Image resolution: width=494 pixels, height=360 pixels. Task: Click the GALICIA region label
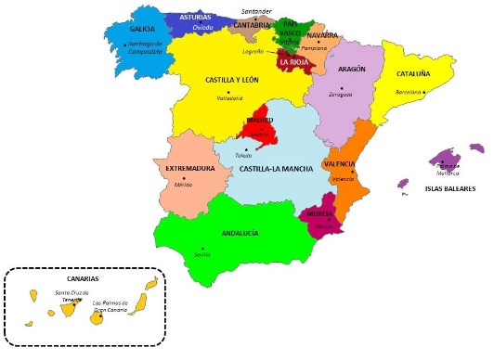(142, 29)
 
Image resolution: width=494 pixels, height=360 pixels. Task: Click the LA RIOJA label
(296, 62)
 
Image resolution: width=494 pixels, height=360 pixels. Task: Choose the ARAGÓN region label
(351, 69)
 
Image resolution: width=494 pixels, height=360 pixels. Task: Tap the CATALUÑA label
(414, 73)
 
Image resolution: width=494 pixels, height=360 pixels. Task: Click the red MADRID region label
(260, 121)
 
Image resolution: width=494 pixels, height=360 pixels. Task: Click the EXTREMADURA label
(190, 169)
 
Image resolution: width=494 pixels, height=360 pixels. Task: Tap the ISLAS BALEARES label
(449, 188)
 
